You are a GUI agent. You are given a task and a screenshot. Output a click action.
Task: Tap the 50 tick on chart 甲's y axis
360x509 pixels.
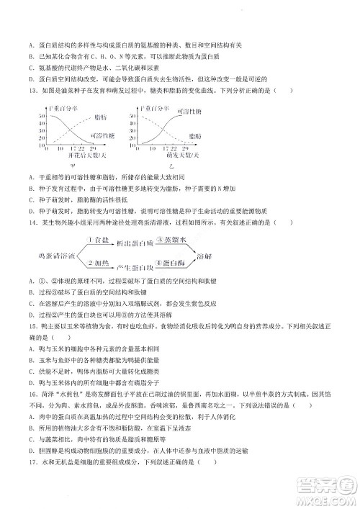42,115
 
